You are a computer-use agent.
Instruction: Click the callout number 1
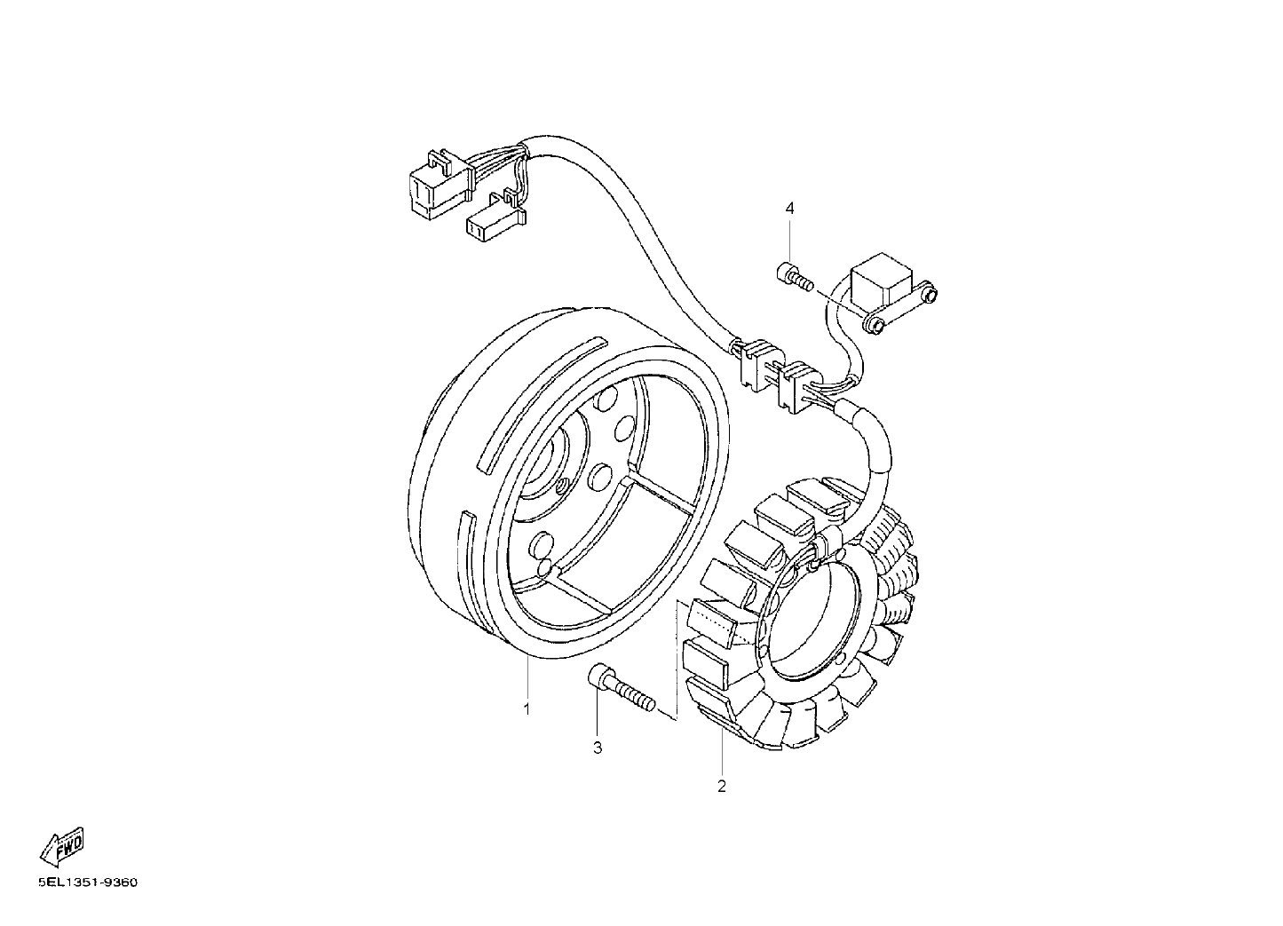527,709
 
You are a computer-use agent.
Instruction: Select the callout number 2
722,787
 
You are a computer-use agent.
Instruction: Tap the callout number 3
598,748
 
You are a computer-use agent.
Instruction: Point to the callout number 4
790,208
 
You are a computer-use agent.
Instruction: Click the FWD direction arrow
62,846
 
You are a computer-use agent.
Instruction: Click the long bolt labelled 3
622,695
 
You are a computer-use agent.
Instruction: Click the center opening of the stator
812,617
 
